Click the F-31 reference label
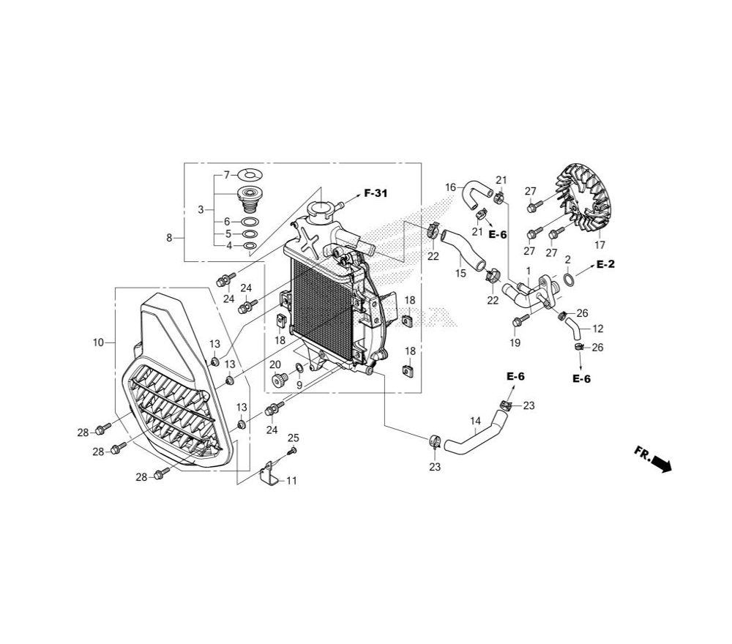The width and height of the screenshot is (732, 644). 376,192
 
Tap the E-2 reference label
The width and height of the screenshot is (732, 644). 605,264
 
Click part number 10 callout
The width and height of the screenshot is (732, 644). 98,342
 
